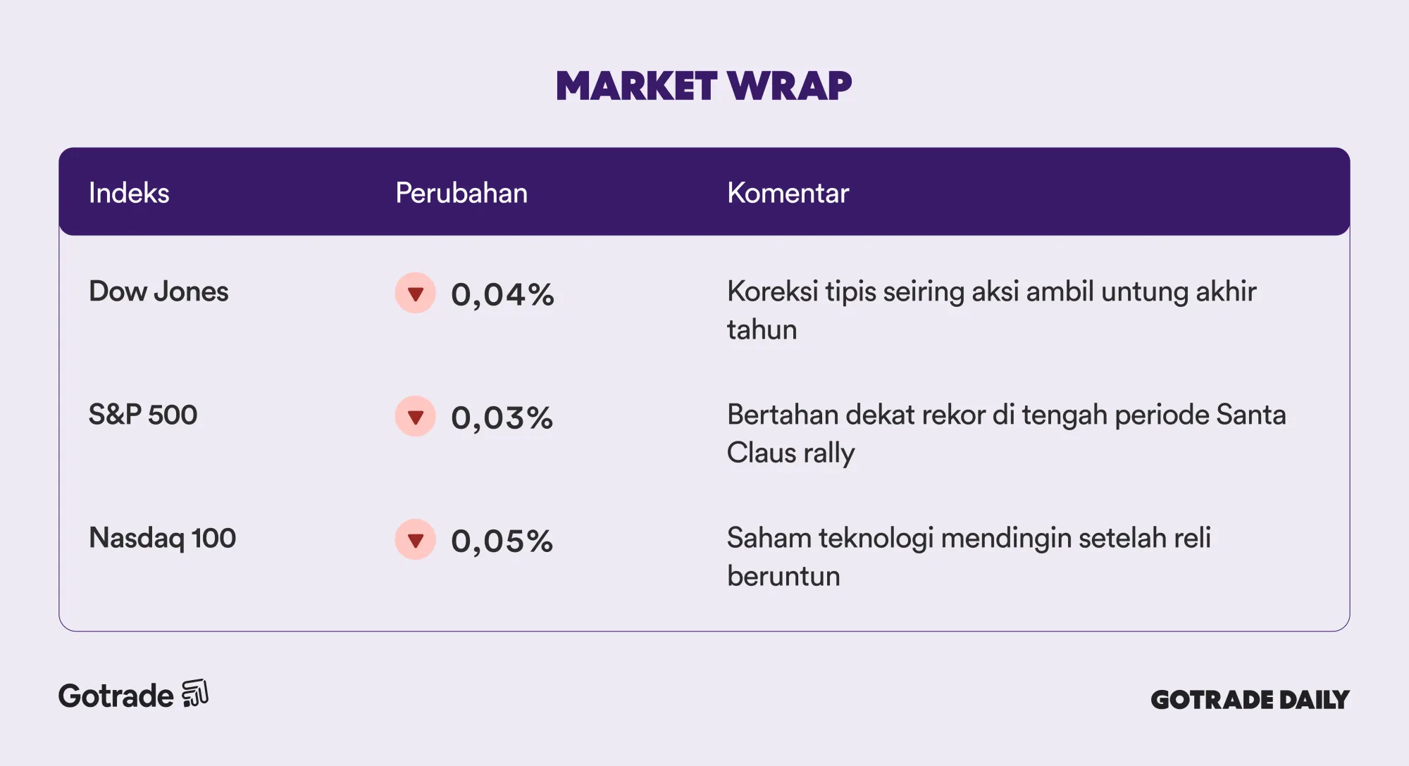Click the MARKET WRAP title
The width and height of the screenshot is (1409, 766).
[704, 86]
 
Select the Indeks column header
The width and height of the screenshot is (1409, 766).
[129, 193]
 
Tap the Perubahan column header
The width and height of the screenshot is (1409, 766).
[461, 193]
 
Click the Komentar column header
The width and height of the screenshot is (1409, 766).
[788, 193]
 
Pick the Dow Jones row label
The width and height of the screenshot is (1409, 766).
[159, 291]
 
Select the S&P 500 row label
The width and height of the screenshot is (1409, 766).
[143, 415]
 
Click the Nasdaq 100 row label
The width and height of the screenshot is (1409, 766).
[162, 539]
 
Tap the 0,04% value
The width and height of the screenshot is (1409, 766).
[502, 294]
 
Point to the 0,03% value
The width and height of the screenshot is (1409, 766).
[502, 417]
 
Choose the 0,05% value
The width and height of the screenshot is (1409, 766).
[502, 541]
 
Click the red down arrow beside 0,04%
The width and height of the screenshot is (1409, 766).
[416, 293]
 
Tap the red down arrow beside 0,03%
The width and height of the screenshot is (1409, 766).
[416, 416]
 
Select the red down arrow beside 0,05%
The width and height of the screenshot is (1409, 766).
[416, 539]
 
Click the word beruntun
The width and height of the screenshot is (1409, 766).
[783, 576]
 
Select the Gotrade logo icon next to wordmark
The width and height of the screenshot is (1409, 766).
[195, 693]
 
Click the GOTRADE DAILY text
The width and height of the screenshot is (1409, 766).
[1250, 699]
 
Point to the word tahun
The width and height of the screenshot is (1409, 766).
[762, 329]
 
